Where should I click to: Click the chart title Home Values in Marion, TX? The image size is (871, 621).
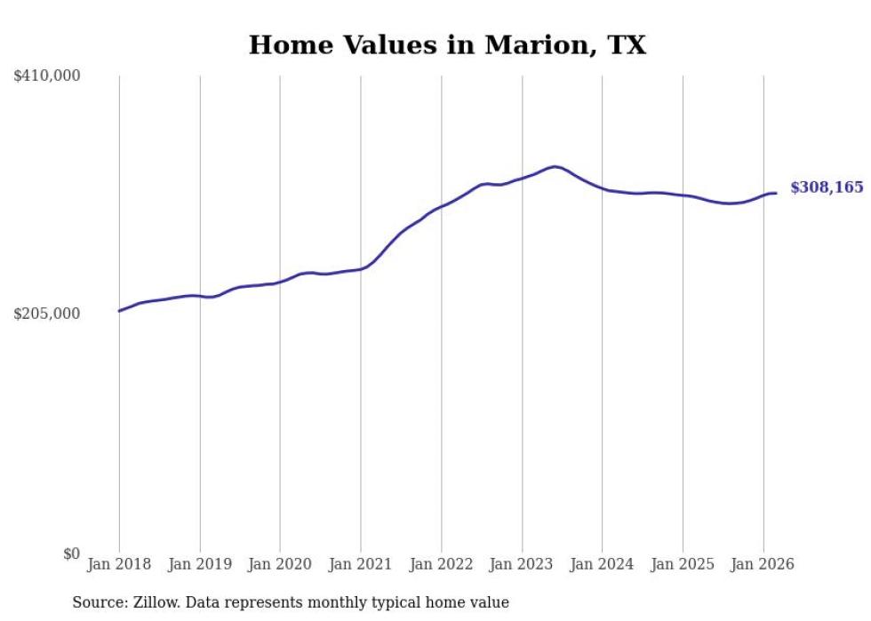[x=447, y=44]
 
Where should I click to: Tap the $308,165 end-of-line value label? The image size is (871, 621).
[x=827, y=187]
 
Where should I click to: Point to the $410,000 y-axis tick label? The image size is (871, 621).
[x=47, y=76]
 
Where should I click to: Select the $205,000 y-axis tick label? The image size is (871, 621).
[x=47, y=314]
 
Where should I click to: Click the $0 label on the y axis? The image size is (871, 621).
[x=71, y=553]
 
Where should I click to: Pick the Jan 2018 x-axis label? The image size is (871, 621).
[x=119, y=564]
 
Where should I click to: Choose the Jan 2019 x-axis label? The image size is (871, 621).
[x=200, y=564]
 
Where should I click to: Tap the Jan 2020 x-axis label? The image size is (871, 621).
[x=280, y=564]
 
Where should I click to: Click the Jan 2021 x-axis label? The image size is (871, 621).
[x=361, y=564]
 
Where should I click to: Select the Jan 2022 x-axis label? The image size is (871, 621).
[x=442, y=564]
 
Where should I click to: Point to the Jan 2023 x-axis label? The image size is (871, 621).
[x=522, y=564]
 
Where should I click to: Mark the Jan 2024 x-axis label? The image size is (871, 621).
[x=603, y=564]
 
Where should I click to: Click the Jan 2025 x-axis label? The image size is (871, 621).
[x=683, y=564]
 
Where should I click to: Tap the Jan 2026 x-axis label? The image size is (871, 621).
[x=763, y=564]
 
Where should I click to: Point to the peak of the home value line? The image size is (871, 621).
[x=555, y=166]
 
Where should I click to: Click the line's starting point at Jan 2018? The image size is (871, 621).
[x=119, y=311]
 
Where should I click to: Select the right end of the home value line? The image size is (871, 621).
[x=776, y=193]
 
